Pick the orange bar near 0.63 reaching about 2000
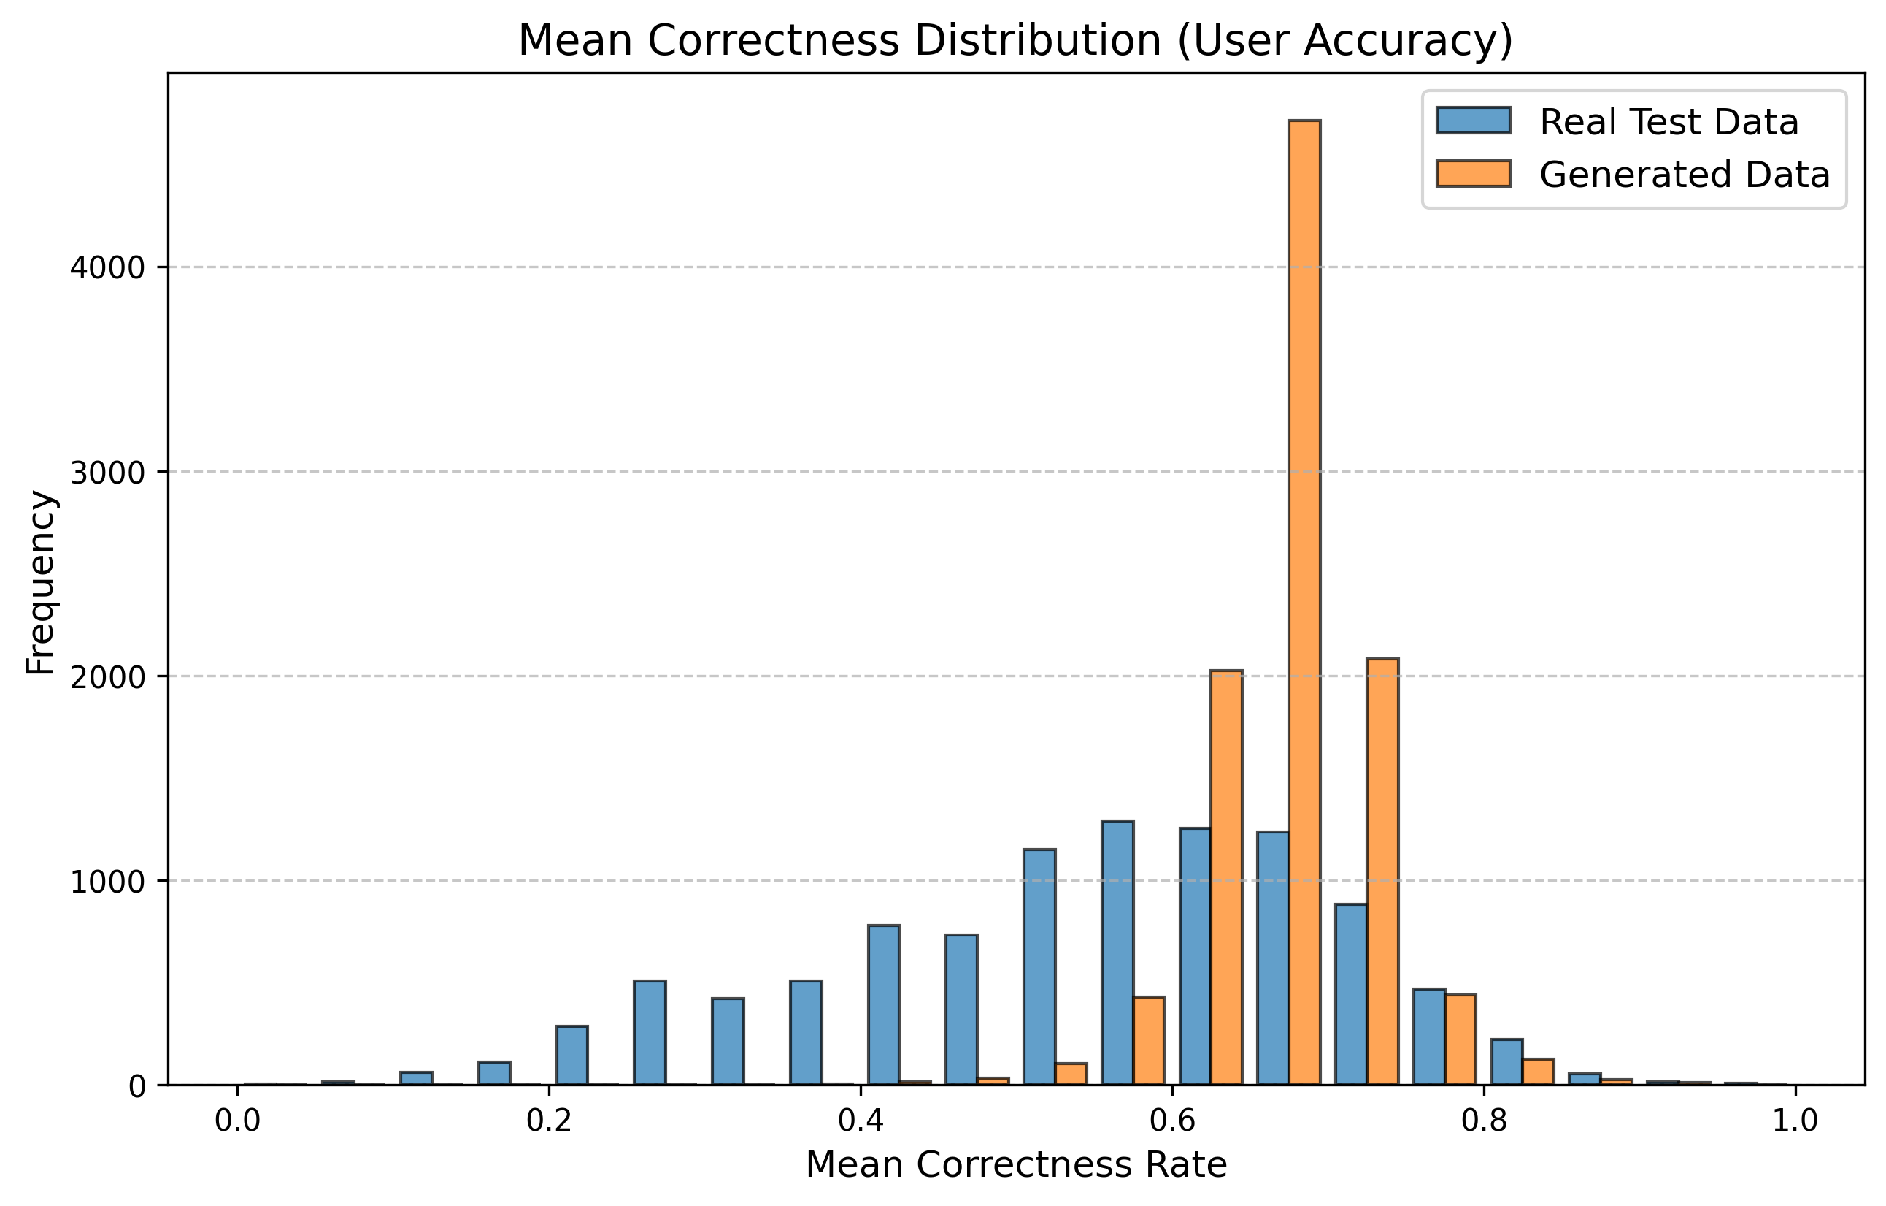[1226, 878]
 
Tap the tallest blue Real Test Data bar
[1117, 953]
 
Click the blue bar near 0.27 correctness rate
[650, 1033]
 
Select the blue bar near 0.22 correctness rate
[571, 1056]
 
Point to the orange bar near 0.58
[1149, 1041]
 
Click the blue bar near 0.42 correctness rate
[883, 1005]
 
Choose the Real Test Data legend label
[1669, 122]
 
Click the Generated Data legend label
[1685, 175]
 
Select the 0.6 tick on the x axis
[1171, 1121]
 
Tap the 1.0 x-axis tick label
[1795, 1121]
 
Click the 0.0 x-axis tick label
[237, 1121]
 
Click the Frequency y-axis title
[40, 581]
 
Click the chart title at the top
[1016, 41]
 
